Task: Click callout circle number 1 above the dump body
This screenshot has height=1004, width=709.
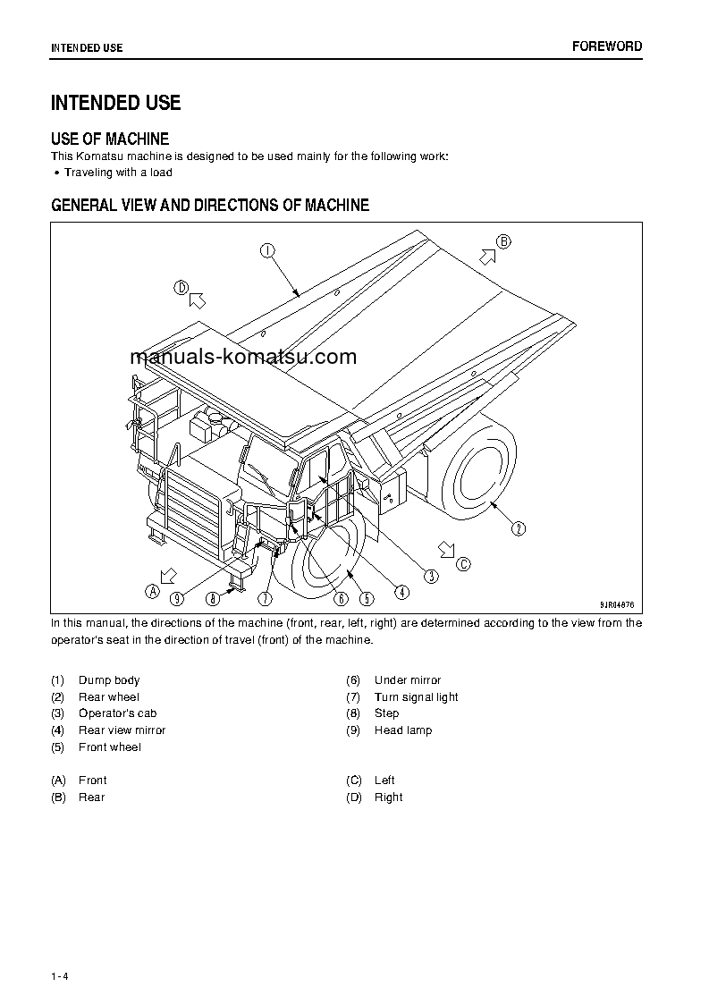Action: [x=266, y=251]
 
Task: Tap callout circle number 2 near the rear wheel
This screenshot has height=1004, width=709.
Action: [x=519, y=528]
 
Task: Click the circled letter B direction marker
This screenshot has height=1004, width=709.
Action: [x=503, y=241]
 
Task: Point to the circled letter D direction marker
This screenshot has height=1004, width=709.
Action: [x=181, y=287]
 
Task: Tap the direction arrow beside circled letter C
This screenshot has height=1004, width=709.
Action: [x=445, y=548]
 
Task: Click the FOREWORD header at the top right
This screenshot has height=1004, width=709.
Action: [x=607, y=46]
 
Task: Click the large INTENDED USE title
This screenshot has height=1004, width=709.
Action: [x=115, y=103]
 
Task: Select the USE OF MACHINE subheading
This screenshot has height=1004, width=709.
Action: [x=110, y=139]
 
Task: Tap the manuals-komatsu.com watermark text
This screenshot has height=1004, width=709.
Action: [x=243, y=357]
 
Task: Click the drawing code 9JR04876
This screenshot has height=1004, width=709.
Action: [x=615, y=603]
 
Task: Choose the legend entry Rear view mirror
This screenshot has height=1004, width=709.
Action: [x=122, y=730]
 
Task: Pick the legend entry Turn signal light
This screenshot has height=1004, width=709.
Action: [x=416, y=697]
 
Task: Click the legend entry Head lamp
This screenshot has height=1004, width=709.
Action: [x=402, y=730]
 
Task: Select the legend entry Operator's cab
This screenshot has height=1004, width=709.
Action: [x=117, y=713]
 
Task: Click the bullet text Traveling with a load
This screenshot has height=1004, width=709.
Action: [x=118, y=173]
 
